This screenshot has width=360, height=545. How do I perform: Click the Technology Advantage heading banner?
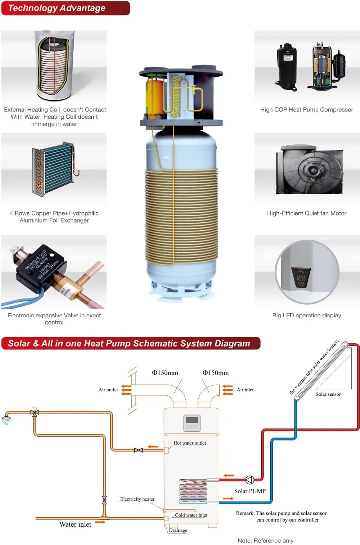(65, 8)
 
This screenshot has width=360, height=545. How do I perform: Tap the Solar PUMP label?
(250, 491)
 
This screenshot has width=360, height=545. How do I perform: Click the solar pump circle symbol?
(250, 480)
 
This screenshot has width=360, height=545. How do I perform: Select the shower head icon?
(6, 420)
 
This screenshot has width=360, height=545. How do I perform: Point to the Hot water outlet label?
(190, 443)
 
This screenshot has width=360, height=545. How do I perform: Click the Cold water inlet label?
(191, 515)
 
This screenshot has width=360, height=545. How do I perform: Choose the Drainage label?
(178, 530)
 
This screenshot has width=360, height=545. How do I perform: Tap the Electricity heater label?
(137, 499)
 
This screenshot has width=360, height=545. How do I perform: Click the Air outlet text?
(108, 390)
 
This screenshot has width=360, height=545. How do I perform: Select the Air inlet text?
(245, 390)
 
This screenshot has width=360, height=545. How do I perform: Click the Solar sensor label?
(328, 394)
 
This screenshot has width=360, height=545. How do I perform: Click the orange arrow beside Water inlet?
(100, 522)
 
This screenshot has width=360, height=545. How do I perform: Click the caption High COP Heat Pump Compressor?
(306, 110)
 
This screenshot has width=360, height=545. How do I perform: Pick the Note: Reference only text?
(265, 541)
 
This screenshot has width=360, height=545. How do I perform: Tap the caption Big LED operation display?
(306, 315)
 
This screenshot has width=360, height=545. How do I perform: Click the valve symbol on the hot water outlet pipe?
(138, 450)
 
